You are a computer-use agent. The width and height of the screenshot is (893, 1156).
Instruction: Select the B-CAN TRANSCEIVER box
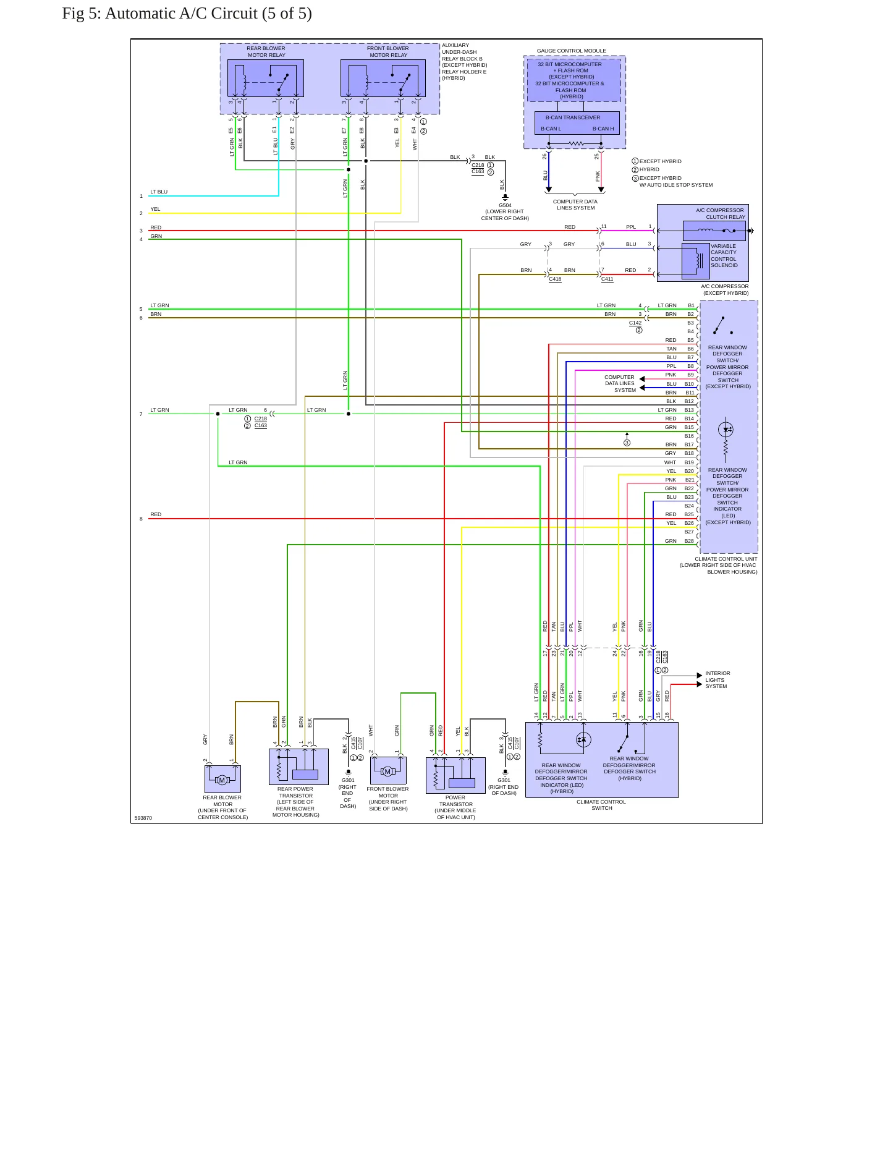tap(577, 123)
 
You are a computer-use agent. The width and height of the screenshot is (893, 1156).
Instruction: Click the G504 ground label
tap(505, 205)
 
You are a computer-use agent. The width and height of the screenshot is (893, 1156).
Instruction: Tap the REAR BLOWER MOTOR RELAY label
tap(266, 51)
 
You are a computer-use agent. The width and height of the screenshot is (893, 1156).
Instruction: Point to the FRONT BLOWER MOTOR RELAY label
tap(388, 51)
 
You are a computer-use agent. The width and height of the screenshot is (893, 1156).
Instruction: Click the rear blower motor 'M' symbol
tap(222, 780)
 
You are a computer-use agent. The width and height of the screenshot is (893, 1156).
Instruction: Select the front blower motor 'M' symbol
tap(387, 771)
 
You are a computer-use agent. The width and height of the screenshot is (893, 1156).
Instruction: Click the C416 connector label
tap(555, 279)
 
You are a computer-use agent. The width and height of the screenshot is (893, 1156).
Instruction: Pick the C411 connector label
tap(607, 279)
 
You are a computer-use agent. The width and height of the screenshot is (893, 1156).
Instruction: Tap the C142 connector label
tap(635, 323)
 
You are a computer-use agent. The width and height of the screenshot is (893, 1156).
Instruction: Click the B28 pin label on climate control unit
tap(689, 541)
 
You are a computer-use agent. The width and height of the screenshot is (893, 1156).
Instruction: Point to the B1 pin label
tap(691, 305)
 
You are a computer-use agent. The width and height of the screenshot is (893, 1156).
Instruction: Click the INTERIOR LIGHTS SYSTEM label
tap(717, 680)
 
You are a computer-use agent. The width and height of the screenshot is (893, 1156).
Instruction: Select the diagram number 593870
tap(143, 818)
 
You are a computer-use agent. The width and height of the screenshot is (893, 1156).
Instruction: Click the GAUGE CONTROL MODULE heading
tap(572, 51)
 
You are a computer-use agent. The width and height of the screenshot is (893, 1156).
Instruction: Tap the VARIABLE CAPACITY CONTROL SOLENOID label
tap(724, 256)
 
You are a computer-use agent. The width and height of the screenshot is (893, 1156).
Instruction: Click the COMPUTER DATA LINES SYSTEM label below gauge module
tap(575, 205)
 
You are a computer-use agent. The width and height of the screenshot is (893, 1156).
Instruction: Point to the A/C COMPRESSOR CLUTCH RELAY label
tap(721, 214)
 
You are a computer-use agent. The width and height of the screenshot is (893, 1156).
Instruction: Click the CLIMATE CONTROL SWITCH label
tap(601, 805)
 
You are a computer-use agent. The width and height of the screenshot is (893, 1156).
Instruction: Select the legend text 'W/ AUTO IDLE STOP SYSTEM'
tap(676, 185)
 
